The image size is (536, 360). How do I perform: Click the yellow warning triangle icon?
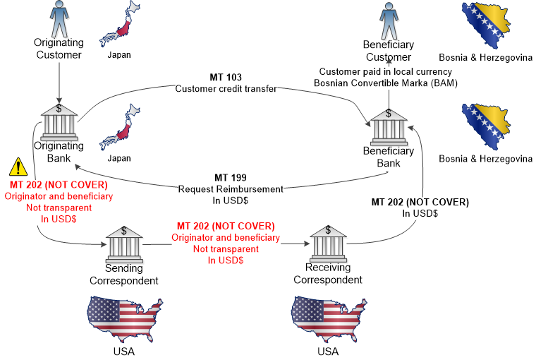(x=16, y=167)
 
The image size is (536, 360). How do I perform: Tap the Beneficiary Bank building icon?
(x=388, y=128)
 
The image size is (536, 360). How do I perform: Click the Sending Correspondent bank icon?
(x=124, y=244)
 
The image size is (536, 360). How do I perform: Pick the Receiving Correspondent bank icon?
(x=327, y=244)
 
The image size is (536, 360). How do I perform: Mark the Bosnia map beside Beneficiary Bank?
(x=485, y=127)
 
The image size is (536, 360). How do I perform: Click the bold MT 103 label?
(x=226, y=77)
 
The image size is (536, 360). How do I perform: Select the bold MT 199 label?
(x=231, y=177)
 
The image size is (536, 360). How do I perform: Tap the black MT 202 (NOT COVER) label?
(x=420, y=202)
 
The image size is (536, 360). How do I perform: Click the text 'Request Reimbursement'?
(x=231, y=188)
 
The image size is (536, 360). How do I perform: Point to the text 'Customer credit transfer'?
(x=226, y=88)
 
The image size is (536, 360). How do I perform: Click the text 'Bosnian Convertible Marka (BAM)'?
(x=384, y=83)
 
